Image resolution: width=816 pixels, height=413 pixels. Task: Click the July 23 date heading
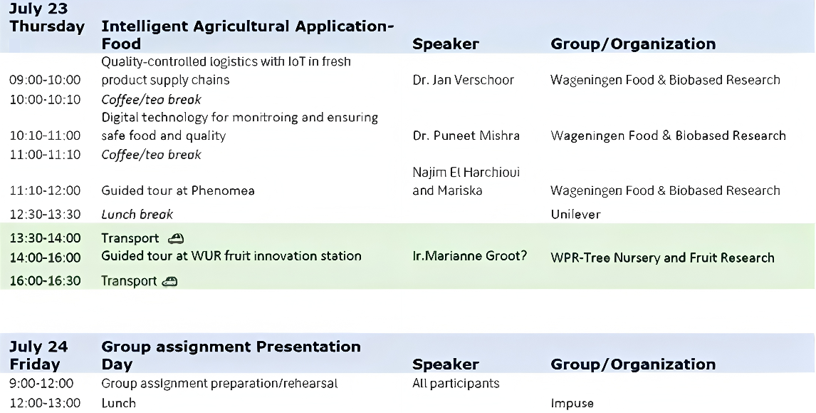click(x=38, y=9)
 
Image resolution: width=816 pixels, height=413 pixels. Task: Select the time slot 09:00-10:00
click(x=46, y=80)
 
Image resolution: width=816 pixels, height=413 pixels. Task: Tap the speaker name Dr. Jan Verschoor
click(x=463, y=80)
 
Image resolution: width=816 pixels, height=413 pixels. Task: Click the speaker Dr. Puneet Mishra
click(x=466, y=136)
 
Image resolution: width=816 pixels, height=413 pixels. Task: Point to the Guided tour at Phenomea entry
click(x=178, y=190)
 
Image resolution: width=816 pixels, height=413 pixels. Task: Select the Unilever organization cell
click(x=575, y=214)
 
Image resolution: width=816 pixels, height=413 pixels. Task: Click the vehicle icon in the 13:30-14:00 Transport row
click(x=176, y=238)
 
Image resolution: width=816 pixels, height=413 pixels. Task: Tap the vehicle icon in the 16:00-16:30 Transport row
click(x=169, y=282)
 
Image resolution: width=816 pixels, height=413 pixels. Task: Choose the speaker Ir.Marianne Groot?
click(x=469, y=256)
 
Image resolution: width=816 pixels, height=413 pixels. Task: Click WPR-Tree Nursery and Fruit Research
click(x=662, y=258)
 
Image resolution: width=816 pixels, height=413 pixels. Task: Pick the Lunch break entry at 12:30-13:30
click(x=137, y=214)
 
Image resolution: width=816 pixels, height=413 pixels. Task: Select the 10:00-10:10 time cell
click(x=46, y=100)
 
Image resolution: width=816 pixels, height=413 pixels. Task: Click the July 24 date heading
click(x=38, y=347)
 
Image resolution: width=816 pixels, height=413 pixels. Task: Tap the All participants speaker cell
click(x=456, y=383)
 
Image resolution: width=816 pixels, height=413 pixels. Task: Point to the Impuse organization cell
click(x=572, y=403)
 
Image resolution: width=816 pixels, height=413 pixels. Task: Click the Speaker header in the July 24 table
click(x=446, y=364)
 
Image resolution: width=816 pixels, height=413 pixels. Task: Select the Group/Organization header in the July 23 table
click(x=633, y=44)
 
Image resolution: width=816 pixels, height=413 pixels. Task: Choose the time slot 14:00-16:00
click(x=46, y=258)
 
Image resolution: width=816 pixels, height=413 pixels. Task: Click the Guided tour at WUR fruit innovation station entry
click(x=231, y=256)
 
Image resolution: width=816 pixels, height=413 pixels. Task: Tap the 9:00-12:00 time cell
click(x=41, y=383)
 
